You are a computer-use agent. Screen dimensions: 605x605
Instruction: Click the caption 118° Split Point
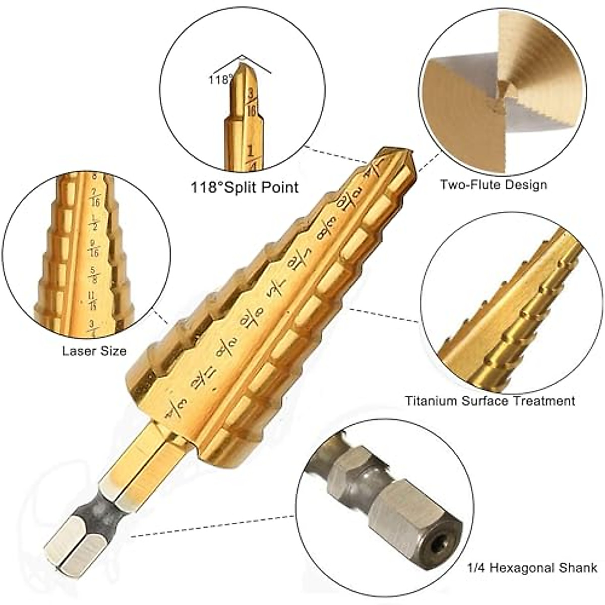point(245,188)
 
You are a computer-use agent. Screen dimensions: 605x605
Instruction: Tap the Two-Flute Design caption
point(493,185)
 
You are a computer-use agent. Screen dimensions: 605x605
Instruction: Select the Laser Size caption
point(94,351)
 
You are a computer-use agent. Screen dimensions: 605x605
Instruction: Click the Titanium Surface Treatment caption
point(490,401)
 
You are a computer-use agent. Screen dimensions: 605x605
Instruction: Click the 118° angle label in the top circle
point(220,79)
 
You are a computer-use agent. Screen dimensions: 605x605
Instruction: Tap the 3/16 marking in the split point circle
point(251,101)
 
